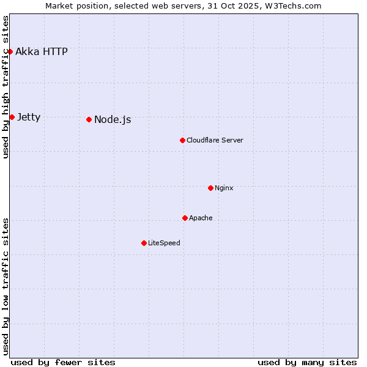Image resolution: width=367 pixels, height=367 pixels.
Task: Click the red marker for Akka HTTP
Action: click(10, 51)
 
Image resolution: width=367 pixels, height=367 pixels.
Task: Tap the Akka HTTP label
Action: click(42, 51)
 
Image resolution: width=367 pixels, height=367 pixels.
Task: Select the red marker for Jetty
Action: click(12, 117)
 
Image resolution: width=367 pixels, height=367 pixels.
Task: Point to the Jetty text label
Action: click(29, 117)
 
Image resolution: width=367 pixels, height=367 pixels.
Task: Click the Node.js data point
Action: click(89, 119)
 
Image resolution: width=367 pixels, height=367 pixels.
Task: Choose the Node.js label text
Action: click(113, 119)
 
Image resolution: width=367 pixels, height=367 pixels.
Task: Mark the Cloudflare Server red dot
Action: click(182, 140)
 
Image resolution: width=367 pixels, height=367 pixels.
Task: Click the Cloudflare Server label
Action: click(215, 140)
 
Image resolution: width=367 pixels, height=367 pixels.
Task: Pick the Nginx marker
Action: click(210, 188)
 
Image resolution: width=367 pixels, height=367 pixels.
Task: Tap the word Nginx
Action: click(224, 188)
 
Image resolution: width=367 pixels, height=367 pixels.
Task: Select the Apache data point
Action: click(185, 218)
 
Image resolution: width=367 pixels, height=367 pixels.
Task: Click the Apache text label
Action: click(201, 218)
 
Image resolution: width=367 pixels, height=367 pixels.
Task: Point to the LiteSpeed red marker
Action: click(144, 243)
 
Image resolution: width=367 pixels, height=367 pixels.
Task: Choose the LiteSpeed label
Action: click(164, 243)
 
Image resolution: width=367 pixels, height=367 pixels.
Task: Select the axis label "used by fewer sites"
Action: click(63, 362)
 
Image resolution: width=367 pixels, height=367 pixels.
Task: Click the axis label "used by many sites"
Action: click(307, 362)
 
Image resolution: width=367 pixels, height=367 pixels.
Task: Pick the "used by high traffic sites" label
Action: click(6, 87)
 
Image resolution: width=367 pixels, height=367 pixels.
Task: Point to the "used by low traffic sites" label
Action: click(6, 286)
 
